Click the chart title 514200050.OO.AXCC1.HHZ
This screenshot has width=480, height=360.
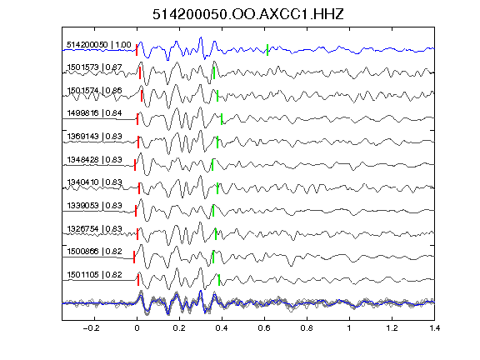tap(248, 14)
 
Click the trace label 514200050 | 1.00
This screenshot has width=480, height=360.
tap(99, 45)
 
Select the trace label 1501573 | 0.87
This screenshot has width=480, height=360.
tap(94, 67)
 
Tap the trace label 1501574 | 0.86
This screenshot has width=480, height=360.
tap(94, 90)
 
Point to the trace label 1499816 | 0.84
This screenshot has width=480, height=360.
tap(94, 113)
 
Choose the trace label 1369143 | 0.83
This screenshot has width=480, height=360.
tap(94, 136)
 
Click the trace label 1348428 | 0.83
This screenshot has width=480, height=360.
tap(94, 159)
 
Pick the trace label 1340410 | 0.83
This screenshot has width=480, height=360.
tap(94, 182)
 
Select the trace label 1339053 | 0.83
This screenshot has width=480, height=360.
tap(94, 205)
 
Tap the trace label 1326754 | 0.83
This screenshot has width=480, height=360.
tap(94, 228)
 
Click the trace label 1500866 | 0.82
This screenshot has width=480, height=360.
tap(94, 252)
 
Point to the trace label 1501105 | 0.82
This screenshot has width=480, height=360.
tap(94, 275)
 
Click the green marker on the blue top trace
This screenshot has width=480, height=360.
tap(267, 50)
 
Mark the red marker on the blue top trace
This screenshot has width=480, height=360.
tap(137, 50)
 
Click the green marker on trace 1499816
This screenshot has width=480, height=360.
tap(222, 119)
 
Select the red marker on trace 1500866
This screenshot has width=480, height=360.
tap(134, 257)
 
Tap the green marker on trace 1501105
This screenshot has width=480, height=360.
tap(219, 280)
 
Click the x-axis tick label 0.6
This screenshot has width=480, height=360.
tap(264, 328)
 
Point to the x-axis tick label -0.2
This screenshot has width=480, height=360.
tap(92, 328)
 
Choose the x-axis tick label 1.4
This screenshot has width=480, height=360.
tap(434, 328)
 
